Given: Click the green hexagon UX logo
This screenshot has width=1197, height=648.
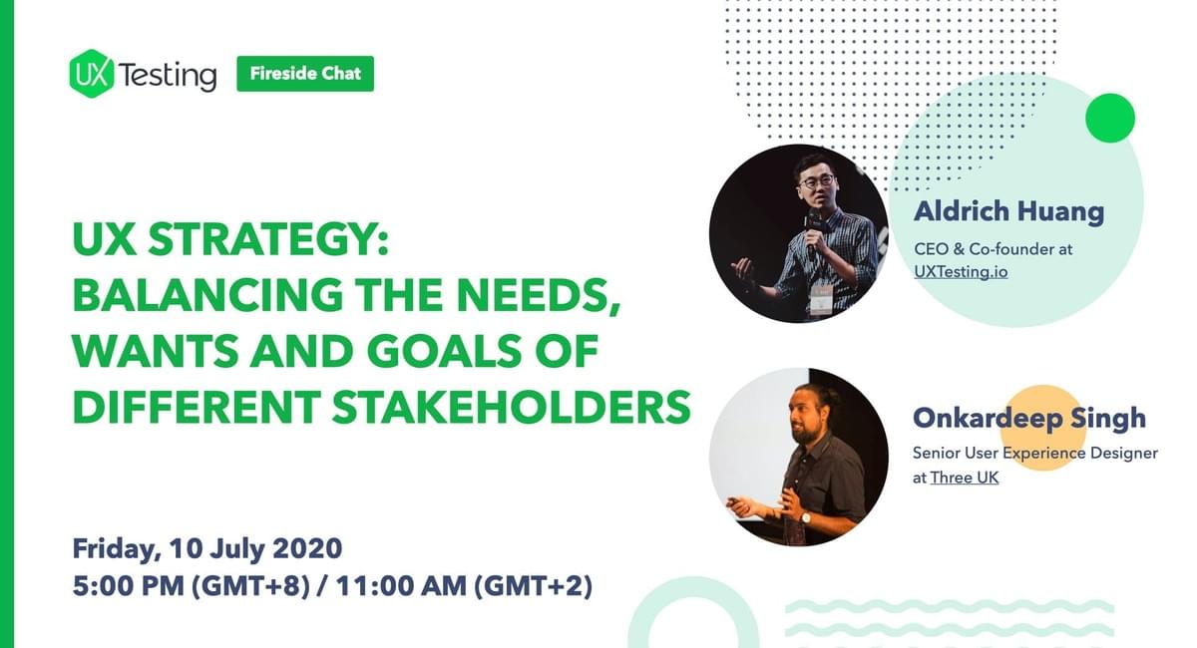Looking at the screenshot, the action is coord(92,74).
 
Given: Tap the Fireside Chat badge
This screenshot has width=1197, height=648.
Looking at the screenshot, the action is coord(305,74).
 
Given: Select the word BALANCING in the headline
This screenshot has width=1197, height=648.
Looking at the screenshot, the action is coord(207,295).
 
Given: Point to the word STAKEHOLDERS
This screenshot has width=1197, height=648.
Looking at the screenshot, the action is coord(512,407).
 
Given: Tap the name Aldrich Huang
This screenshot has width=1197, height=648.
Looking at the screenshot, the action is coord(1008,211).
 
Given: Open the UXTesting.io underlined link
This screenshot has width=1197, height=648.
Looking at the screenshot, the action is coord(961,272).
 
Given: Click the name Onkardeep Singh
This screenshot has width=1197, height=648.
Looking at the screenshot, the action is coord(1029,419).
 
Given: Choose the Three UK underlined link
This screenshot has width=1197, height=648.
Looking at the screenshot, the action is coord(964,478).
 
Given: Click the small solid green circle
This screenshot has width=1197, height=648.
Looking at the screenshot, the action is coord(1110,118).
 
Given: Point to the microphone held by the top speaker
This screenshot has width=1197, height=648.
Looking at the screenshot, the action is coord(813,227).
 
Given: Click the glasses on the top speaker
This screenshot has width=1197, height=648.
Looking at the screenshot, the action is coord(816,181).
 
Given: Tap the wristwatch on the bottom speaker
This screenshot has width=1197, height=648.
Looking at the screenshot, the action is coord(805,517).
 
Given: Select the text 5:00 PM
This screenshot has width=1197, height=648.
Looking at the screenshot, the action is coord(129,585).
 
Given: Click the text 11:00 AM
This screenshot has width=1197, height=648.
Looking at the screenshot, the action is coord(401,585).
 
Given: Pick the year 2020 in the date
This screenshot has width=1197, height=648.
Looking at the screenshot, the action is coord(307,548).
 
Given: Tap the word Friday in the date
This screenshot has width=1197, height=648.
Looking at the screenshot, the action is coord(117,549).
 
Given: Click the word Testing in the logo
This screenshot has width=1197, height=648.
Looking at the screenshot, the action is coord(168,76).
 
